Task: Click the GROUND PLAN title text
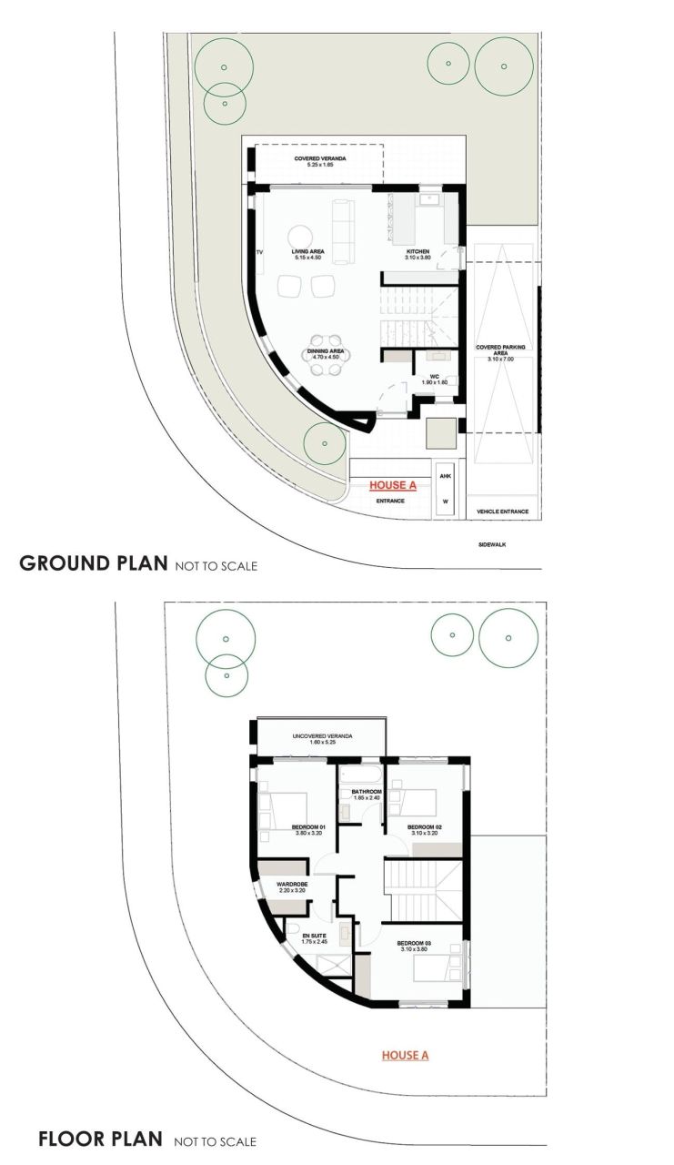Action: click(92, 563)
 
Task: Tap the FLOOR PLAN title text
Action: click(100, 1139)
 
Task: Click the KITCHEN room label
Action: click(417, 253)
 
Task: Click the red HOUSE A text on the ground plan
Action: click(392, 485)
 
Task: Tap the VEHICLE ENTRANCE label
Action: click(502, 512)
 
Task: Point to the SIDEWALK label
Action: click(495, 545)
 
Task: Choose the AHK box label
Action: click(445, 476)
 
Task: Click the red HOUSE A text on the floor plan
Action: click(405, 1055)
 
